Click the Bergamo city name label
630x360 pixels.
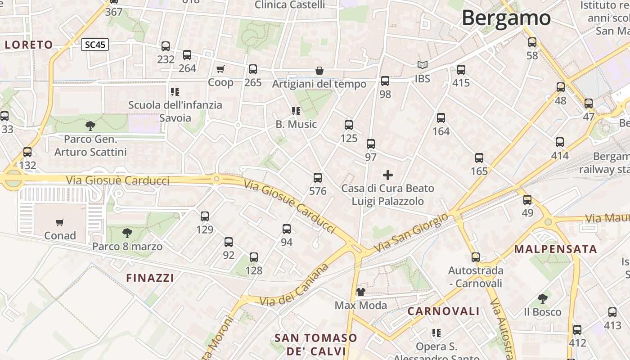pos(506,18)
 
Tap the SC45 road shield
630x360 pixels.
pos(95,45)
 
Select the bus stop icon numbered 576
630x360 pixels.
pos(318,178)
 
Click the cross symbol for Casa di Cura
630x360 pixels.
pos(387,175)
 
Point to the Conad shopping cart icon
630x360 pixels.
pos(60,222)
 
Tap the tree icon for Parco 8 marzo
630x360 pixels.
pos(127,233)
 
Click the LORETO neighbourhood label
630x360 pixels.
pos(29,45)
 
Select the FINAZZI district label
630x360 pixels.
pos(150,278)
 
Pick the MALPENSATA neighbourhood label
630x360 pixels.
pos(555,249)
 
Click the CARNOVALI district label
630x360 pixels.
pos(444,311)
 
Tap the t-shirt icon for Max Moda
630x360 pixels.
pos(360,292)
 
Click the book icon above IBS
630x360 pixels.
pos(422,65)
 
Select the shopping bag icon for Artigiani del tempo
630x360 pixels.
pos(319,71)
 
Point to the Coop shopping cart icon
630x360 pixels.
pos(220,69)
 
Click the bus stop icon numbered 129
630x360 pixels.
pos(205,216)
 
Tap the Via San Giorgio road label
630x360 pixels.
pos(411,233)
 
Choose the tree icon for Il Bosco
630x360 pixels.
pos(543,298)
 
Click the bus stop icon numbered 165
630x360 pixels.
pos(479,158)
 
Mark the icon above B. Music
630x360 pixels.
pos(296,111)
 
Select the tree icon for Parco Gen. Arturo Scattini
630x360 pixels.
pos(90,126)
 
